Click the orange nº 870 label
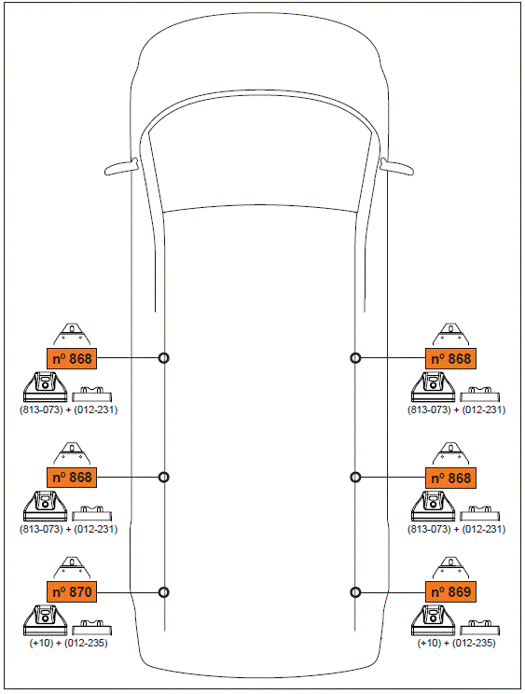tap(71, 591)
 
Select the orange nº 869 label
tap(451, 591)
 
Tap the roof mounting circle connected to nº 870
tap(164, 591)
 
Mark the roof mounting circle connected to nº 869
tap(355, 591)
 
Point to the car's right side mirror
tap(399, 167)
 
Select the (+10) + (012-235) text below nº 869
tap(456, 643)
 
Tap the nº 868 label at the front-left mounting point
tap(71, 357)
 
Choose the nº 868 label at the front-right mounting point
tap(451, 357)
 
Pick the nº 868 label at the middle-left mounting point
tap(71, 477)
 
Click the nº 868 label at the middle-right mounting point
tap(451, 477)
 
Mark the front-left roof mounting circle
tap(164, 357)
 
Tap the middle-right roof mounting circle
tap(355, 477)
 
